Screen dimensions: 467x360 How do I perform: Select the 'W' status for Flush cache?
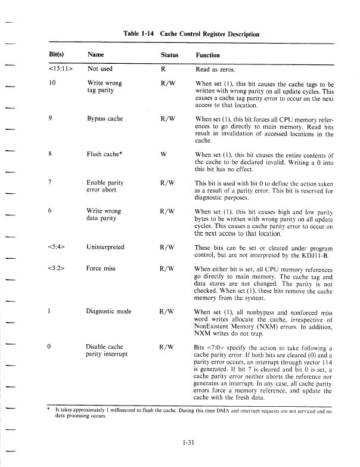(163, 153)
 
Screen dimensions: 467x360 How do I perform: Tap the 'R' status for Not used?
(163, 69)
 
